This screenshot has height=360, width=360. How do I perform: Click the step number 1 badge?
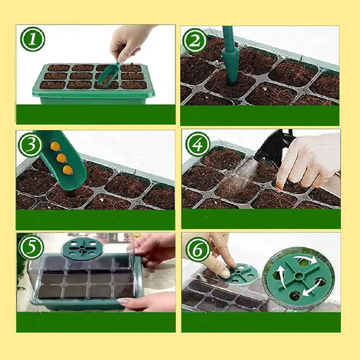click(x=32, y=39)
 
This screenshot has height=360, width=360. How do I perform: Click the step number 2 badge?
click(x=195, y=41)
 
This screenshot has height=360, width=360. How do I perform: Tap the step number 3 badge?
click(x=30, y=145)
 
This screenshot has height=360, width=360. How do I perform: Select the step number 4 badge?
click(x=197, y=144)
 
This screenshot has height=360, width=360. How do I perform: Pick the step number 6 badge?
click(x=197, y=249)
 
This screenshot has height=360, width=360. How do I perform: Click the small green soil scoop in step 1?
click(x=108, y=75)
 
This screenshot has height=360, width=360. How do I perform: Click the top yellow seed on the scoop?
click(x=56, y=146)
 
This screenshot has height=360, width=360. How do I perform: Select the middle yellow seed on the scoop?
click(x=62, y=158)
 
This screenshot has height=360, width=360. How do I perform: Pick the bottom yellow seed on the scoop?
click(x=68, y=170)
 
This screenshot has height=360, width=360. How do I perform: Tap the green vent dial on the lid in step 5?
click(x=82, y=249)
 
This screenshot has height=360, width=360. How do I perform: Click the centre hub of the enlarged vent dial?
click(x=299, y=276)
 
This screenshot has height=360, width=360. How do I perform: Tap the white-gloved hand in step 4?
click(x=308, y=160)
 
